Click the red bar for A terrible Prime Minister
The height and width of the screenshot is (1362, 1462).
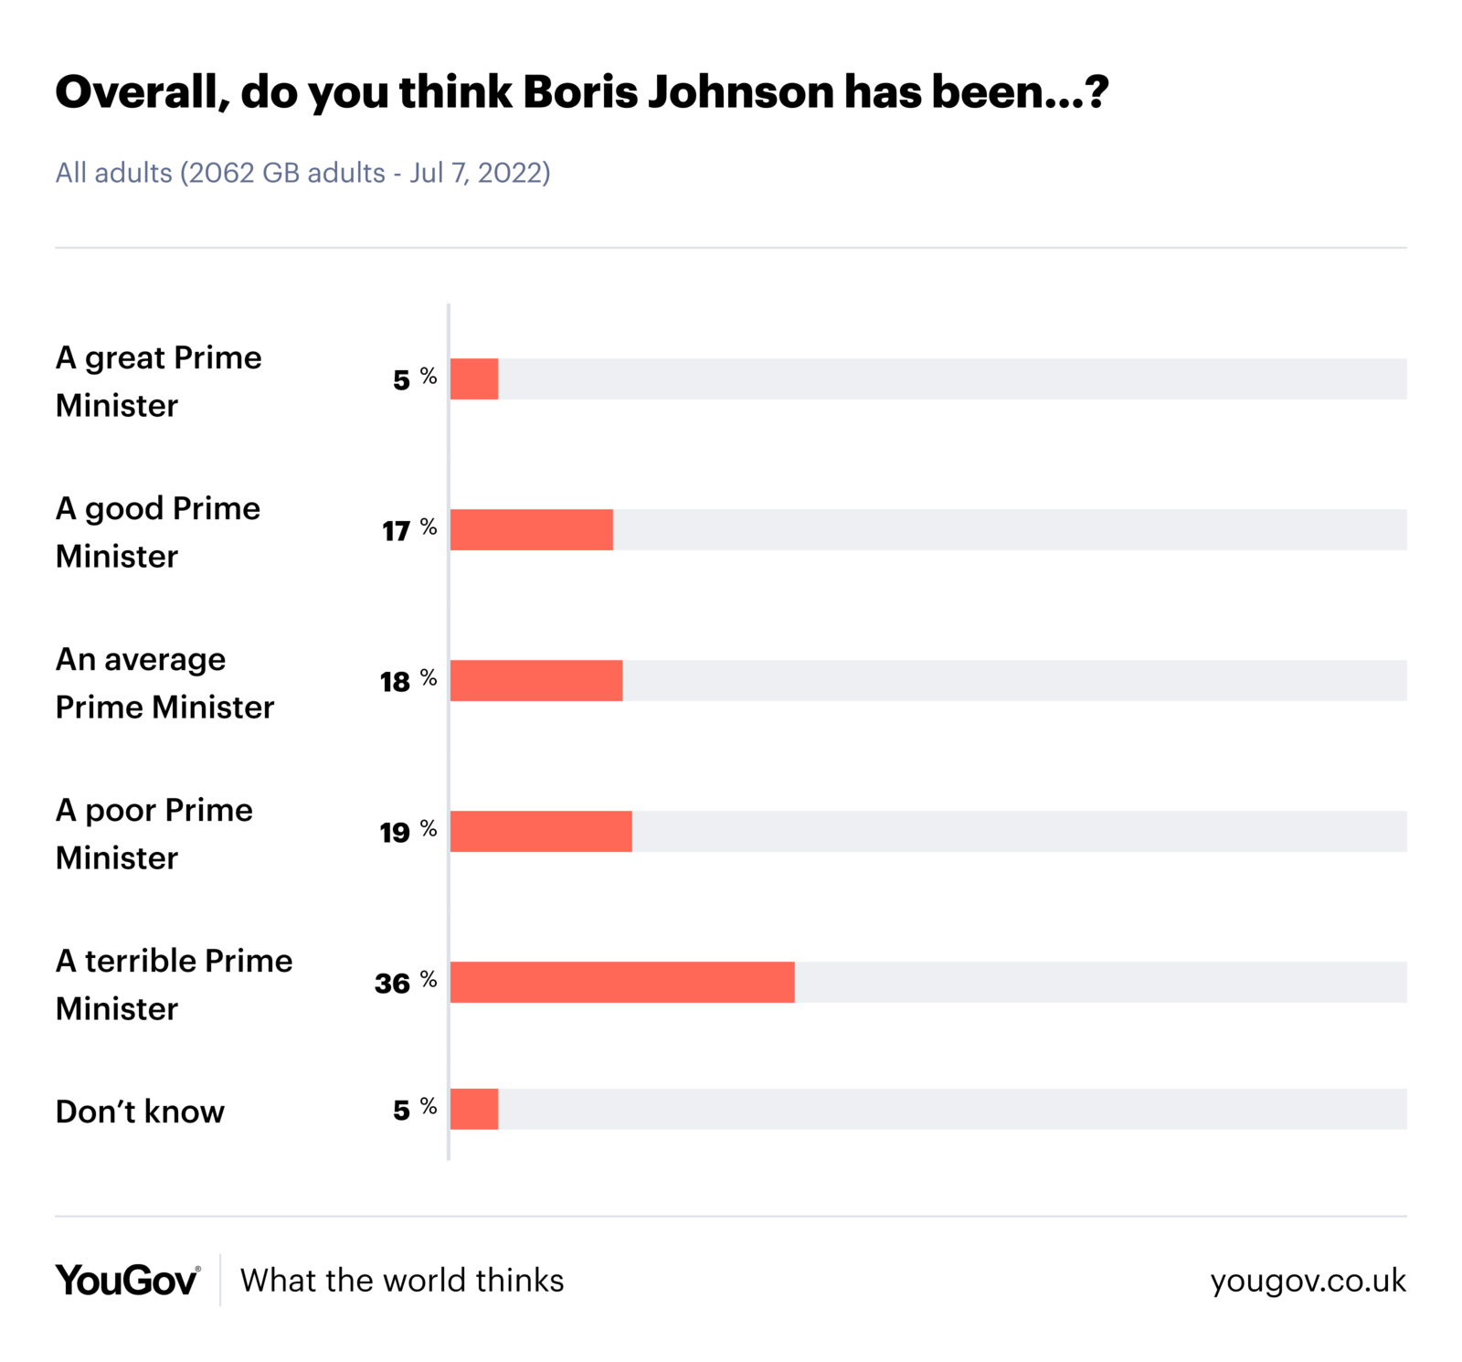[x=621, y=982]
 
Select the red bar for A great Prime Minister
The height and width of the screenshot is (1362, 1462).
[x=474, y=378]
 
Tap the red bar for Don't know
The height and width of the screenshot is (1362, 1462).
[x=474, y=1109]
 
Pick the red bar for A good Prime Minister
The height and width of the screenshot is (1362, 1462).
[x=531, y=529]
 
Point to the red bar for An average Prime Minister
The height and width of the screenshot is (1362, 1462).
[x=536, y=680]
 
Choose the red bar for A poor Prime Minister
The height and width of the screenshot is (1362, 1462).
[x=541, y=831]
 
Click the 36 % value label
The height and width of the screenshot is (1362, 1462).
[x=405, y=983]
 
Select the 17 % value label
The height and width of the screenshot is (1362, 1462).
[x=408, y=530]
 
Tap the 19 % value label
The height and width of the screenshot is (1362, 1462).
[x=408, y=832]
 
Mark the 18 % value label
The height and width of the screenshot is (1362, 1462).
[x=408, y=681]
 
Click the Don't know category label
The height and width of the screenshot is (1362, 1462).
[x=140, y=1112]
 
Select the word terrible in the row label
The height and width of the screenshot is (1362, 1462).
[x=141, y=961]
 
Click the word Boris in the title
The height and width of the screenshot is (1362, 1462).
[x=579, y=92]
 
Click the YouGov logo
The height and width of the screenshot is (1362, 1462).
[x=127, y=1280]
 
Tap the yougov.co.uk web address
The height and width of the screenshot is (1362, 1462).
[x=1308, y=1281]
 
